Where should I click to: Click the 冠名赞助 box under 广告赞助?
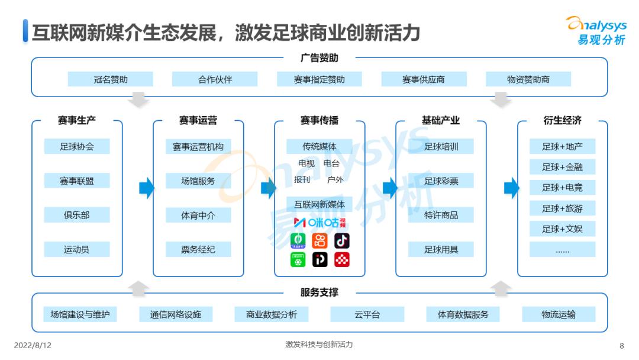[x=111, y=79]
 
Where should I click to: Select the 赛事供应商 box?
[x=424, y=79]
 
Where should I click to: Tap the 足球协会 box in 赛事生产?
[x=77, y=146]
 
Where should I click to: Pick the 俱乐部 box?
[x=77, y=215]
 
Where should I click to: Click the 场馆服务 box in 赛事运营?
[x=198, y=181]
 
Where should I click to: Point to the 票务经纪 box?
[x=198, y=249]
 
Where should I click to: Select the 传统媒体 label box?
[x=319, y=146]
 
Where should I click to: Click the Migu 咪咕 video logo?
[x=319, y=223]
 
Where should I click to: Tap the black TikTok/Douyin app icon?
[x=342, y=240]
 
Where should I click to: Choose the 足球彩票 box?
[x=441, y=181]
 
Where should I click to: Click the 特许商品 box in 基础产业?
[x=441, y=215]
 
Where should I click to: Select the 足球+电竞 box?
[x=562, y=188]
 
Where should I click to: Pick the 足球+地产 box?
[x=562, y=146]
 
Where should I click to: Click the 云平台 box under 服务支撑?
[x=367, y=314]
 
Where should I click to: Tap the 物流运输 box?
[x=559, y=314]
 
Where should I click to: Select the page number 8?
[x=622, y=345]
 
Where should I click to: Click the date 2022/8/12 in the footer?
[x=33, y=345]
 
